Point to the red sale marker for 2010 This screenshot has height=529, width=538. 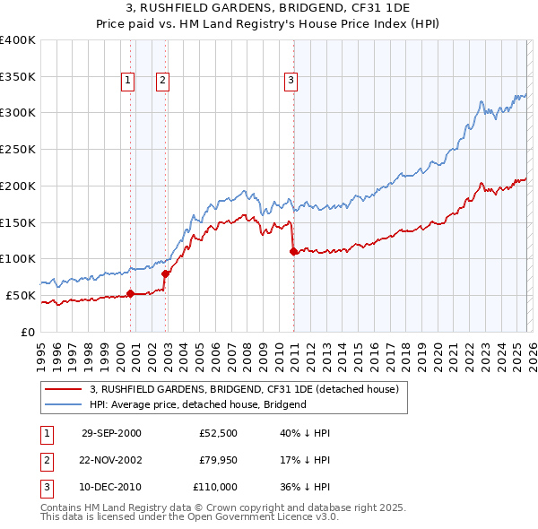tap(293, 251)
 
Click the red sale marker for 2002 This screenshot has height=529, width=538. tap(166, 273)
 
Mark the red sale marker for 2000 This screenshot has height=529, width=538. tap(131, 293)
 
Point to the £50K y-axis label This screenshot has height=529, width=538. tap(21, 295)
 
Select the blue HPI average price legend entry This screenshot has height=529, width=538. tap(197, 404)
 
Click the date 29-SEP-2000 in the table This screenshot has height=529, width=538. tap(111, 433)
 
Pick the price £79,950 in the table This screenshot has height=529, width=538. tap(218, 460)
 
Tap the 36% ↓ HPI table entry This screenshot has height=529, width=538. tap(299, 487)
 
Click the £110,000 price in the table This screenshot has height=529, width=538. tap(215, 487)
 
